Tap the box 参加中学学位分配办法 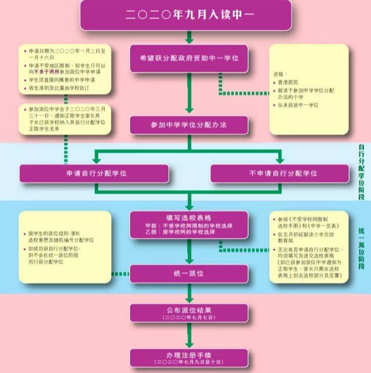click(189, 125)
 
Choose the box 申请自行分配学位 click(94, 173)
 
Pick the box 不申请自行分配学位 click(279, 173)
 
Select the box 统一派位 click(189, 273)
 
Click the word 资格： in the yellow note click(280, 73)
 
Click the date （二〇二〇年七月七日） click(189, 317)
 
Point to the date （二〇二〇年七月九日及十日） click(189, 362)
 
